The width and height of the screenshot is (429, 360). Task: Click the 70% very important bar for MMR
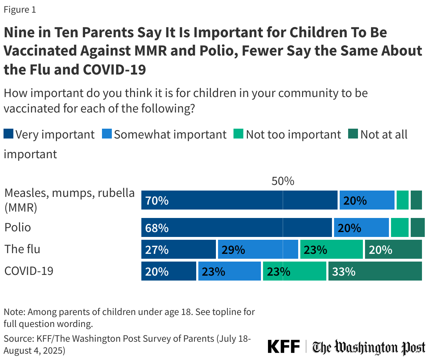[x=239, y=200]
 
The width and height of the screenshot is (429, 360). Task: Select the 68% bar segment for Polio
[x=236, y=228]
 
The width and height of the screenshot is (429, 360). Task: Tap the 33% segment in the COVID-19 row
[x=375, y=271]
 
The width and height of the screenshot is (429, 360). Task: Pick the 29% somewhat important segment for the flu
[x=257, y=250]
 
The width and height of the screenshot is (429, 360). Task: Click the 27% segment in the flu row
[x=178, y=250]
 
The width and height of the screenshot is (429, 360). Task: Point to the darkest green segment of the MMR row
[x=416, y=200]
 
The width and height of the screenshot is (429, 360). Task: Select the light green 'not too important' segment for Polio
[x=399, y=228]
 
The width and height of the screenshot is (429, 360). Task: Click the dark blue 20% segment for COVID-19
[x=168, y=271]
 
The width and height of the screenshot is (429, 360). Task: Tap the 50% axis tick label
[x=283, y=181]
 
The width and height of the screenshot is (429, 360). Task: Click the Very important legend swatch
[x=8, y=134]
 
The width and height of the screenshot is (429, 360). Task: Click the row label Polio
[x=18, y=227]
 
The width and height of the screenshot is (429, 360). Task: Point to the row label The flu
[x=22, y=249]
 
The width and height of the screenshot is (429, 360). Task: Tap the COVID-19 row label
[x=29, y=271]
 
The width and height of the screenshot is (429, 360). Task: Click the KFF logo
[x=283, y=347]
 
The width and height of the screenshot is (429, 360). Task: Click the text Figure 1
[x=20, y=10]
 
